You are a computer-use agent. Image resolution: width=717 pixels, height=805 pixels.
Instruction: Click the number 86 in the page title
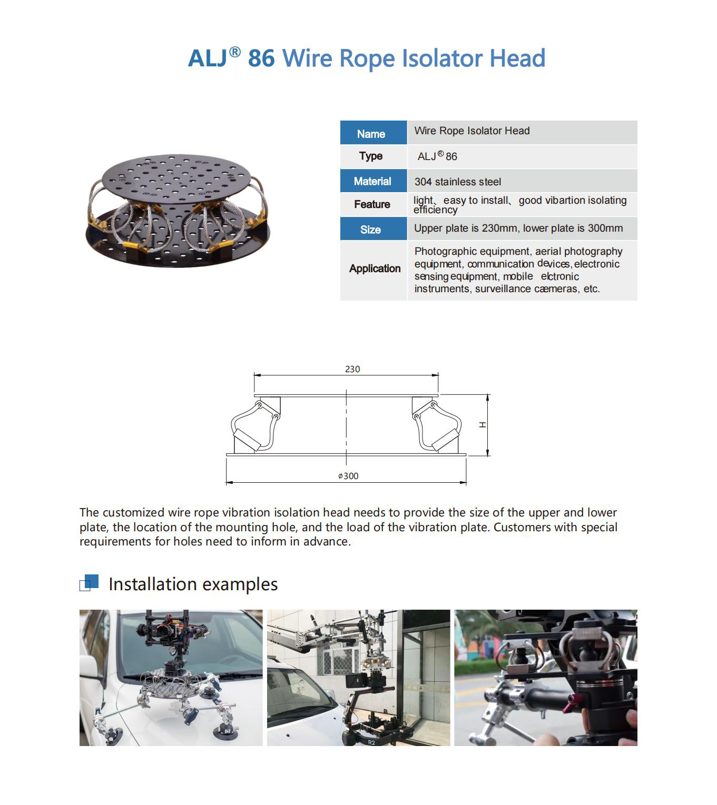[x=261, y=58]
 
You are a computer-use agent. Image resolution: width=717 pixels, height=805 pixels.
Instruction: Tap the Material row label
[x=373, y=181]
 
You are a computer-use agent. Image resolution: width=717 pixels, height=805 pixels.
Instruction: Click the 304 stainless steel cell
[x=457, y=182]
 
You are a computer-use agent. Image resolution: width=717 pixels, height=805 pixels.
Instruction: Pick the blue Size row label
[x=371, y=230]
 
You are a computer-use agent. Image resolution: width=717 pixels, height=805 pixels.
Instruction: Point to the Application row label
[x=375, y=269]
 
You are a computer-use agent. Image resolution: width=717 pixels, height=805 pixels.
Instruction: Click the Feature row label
[x=372, y=204]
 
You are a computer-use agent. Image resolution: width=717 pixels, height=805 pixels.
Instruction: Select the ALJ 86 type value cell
[x=437, y=156]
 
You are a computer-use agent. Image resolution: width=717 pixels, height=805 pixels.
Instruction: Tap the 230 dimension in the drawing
[x=352, y=369]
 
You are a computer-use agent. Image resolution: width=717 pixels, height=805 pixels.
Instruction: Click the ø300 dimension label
[x=348, y=476]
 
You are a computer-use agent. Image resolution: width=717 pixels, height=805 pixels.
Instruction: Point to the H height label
[x=482, y=425]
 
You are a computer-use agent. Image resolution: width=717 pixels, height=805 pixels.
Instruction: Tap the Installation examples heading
[x=193, y=584]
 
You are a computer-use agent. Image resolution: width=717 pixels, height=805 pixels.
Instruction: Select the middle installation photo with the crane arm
[x=358, y=678]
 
